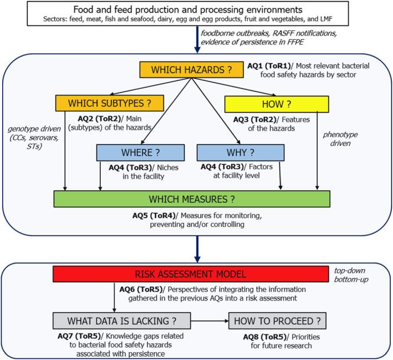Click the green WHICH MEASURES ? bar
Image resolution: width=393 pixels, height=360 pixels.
point(191,198)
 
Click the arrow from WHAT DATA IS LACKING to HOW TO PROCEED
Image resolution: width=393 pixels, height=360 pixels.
point(209,320)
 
